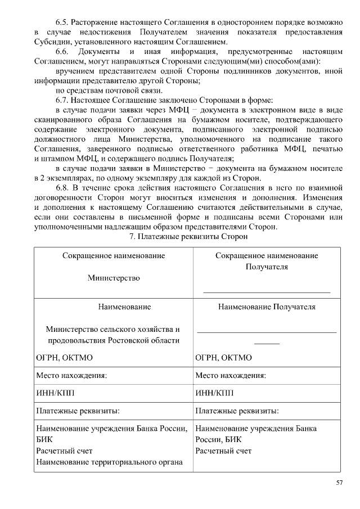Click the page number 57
(x=339, y=483)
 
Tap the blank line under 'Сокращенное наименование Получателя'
(x=266, y=292)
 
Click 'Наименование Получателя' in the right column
(x=267, y=307)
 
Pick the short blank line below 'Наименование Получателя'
(x=267, y=343)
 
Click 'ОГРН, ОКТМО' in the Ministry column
(x=64, y=358)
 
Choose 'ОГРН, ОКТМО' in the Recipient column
(x=223, y=358)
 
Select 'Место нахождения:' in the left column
(x=71, y=375)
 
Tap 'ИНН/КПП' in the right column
(x=214, y=393)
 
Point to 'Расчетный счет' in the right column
(x=223, y=451)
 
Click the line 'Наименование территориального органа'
(x=110, y=462)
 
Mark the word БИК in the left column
(x=44, y=440)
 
